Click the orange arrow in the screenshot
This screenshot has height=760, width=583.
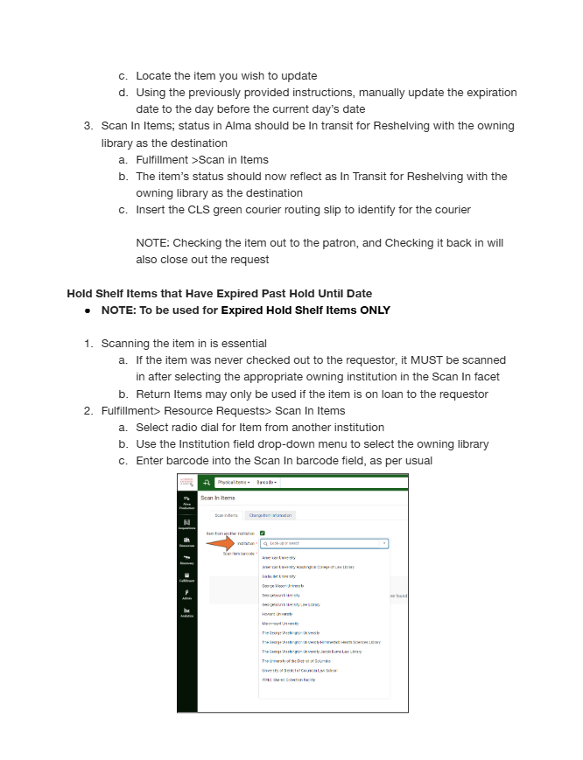coord(223,543)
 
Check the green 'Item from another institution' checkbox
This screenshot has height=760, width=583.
coord(262,533)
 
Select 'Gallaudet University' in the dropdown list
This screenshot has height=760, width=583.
coord(278,576)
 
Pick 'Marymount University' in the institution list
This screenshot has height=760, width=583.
coord(280,624)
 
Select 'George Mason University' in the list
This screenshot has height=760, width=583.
coord(282,586)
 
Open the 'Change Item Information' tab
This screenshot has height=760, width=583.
coord(270,515)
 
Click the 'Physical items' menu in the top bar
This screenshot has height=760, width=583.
coord(234,482)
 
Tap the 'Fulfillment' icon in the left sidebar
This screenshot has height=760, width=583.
coord(187,577)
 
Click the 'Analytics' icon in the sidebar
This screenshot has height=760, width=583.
coord(187,613)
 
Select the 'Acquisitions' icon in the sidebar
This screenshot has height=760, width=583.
coord(187,524)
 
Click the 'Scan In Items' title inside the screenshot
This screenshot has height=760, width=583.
coord(218,498)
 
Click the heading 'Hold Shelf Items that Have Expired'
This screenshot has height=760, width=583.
coord(219,293)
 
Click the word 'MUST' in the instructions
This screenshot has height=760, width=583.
coord(428,360)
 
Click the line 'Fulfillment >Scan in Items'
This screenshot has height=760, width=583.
coord(202,160)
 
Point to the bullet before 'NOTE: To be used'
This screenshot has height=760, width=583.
coord(88,310)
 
